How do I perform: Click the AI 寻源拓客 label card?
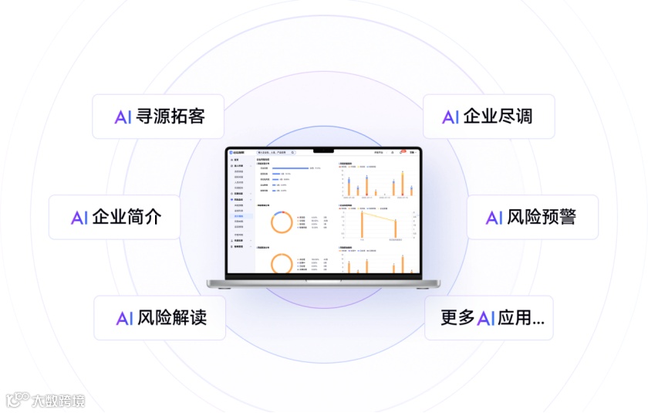(158, 117)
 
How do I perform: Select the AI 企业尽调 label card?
(488, 117)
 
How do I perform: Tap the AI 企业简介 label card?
(115, 217)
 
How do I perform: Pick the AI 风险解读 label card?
(160, 317)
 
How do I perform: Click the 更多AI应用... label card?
(489, 317)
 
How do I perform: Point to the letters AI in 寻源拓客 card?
(123, 117)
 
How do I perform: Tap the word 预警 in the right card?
(559, 217)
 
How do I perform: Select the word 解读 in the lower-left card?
(189, 317)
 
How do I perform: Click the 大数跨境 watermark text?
(58, 401)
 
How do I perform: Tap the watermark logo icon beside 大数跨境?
(17, 400)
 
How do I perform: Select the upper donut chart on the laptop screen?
(281, 222)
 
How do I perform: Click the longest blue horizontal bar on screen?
(290, 168)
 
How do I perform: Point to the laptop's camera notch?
(324, 150)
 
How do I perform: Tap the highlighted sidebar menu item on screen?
(240, 216)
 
